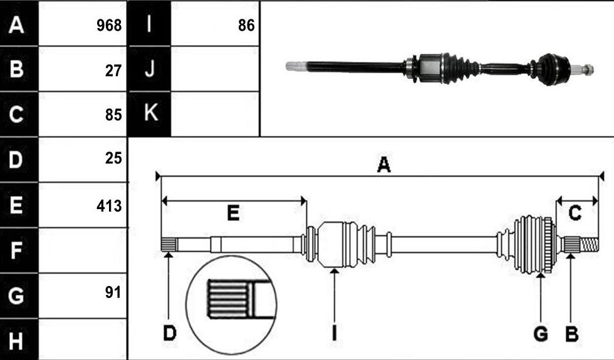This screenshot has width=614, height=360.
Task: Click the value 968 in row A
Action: pos(109,25)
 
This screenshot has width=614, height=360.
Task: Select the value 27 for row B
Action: pos(113,70)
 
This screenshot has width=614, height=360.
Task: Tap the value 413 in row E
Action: pos(109,206)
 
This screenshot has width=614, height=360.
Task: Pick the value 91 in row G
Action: pos(113,292)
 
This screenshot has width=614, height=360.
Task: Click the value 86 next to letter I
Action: pos(246,25)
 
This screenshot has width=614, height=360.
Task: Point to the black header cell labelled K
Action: pos(150,114)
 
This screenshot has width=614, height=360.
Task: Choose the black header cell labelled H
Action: pos(19,339)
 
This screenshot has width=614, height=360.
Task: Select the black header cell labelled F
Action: pos(19,250)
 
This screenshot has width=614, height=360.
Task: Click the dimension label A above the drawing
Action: pos(383,164)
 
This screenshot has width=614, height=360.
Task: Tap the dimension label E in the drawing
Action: pos(233,213)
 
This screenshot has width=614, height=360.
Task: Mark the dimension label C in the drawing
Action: pos(575,213)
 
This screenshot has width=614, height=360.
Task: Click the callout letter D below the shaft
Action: pos(170,334)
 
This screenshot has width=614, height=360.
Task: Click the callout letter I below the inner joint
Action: pos(334,334)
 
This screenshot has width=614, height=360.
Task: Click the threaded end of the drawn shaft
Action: pos(590,245)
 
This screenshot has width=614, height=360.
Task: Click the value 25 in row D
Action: pos(113,158)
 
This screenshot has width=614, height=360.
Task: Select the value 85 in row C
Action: pos(113,115)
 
